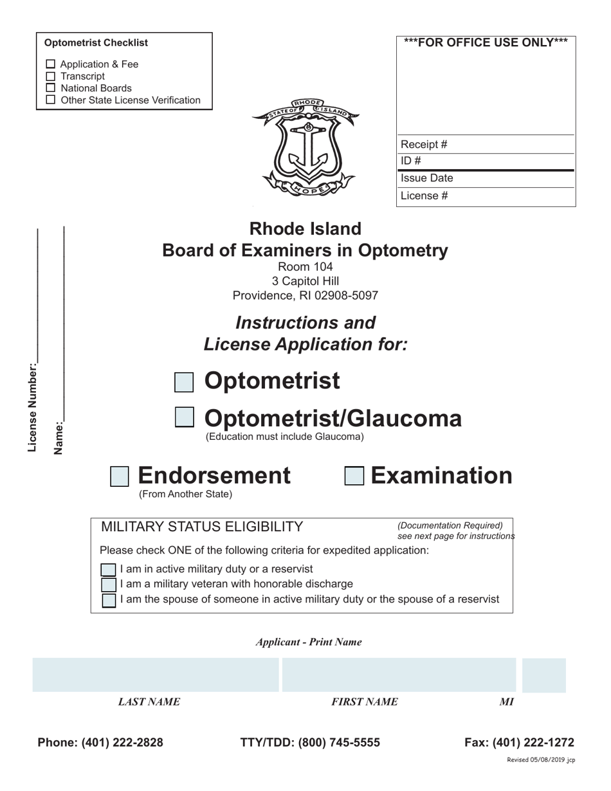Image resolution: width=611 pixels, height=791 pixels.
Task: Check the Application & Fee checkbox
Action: pos(51,64)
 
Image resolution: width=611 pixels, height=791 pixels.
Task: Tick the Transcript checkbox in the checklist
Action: pos(51,77)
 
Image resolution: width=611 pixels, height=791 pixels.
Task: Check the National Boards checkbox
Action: pos(51,88)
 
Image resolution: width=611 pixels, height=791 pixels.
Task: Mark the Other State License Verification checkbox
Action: pos(51,100)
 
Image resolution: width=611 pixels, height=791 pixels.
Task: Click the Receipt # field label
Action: pos(424,145)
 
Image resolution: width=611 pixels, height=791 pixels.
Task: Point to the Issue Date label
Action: pos(426,179)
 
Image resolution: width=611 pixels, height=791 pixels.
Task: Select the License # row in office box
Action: pos(486,196)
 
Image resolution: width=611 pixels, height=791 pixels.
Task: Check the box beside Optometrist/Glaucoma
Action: pos(185,417)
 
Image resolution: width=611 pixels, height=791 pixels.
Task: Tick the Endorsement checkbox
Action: pos(120,477)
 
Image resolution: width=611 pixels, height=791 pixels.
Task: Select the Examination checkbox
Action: pos(354,477)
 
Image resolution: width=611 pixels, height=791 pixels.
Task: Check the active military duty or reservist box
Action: pos(109,570)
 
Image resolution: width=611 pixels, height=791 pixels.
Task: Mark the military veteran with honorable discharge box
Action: pos(109,585)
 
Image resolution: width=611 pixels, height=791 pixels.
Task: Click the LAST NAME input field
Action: pos(156,675)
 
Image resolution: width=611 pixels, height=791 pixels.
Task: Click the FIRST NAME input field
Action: pos(399,675)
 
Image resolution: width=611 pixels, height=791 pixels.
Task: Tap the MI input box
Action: pos(544,675)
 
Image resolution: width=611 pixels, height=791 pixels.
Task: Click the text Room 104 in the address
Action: pos(305,267)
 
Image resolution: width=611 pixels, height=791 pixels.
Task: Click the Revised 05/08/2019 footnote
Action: pos(541,760)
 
